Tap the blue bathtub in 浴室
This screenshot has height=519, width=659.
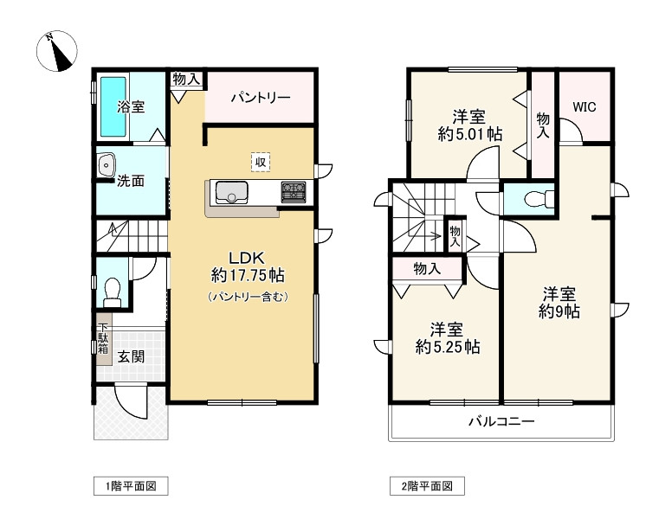coord(114,106)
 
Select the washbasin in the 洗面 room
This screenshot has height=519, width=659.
coord(107,163)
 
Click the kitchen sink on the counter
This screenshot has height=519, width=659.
coord(231,193)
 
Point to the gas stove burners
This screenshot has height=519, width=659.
coord(293,192)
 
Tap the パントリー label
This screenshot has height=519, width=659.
coord(260,98)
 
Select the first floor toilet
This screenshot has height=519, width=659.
coord(112,292)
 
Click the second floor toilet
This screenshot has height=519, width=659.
coord(531,199)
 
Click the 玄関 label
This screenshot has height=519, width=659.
coord(132,355)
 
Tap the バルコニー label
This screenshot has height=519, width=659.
coord(501,422)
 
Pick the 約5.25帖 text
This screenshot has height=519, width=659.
coord(448,348)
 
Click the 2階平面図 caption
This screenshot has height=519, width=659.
coord(427,486)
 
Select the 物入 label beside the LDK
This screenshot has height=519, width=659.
coord(187,79)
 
